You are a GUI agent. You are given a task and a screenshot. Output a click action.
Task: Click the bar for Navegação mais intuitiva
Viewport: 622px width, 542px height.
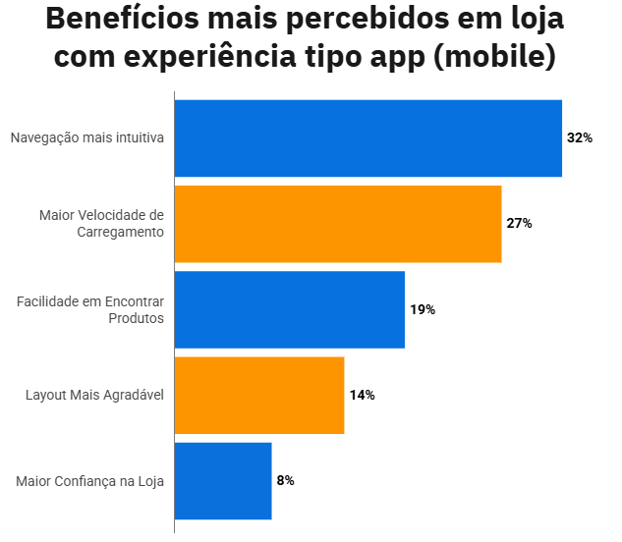(368, 138)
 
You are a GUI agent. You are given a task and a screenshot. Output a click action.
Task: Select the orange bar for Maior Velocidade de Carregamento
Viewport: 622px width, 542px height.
(338, 224)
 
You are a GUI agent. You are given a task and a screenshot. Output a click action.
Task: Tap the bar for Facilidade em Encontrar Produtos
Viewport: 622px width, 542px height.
(289, 309)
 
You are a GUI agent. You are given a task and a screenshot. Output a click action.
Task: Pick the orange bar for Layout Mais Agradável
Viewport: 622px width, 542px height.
(259, 395)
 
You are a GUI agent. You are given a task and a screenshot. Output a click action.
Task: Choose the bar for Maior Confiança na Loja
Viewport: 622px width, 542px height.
(223, 480)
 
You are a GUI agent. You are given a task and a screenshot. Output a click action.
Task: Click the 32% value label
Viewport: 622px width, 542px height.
(580, 138)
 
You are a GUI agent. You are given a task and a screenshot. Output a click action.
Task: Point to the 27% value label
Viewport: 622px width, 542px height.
(519, 224)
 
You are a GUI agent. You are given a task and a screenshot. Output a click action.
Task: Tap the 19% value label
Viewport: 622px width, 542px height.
(423, 309)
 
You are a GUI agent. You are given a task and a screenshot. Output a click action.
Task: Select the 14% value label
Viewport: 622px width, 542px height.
(362, 395)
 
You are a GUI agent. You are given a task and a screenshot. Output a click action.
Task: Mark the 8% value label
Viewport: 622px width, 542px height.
(285, 480)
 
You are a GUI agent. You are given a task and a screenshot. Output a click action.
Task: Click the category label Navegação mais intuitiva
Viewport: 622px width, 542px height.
(86, 138)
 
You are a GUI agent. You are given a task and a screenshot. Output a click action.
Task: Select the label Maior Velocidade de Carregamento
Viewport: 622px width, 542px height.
(101, 224)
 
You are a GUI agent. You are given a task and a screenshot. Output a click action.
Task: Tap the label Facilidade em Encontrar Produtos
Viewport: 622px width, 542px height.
(90, 309)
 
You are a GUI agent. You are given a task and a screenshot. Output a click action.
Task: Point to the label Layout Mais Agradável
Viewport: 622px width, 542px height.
(94, 395)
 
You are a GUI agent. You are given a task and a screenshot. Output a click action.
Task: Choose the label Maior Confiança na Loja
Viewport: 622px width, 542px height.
(89, 481)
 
